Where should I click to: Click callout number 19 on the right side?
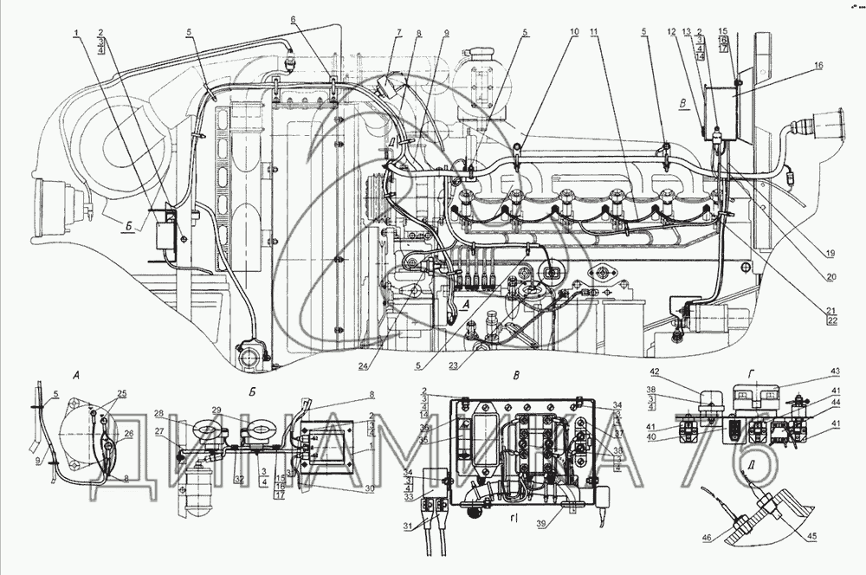click(x=830, y=254)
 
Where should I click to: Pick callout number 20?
click(x=830, y=277)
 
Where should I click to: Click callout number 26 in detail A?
click(x=129, y=435)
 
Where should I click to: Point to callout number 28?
click(x=159, y=413)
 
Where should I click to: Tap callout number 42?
click(x=655, y=371)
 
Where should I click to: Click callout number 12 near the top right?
click(x=673, y=32)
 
